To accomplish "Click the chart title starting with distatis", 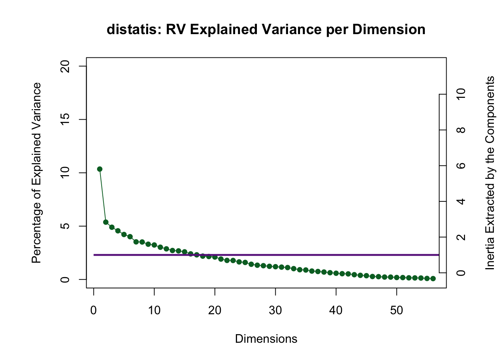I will (x=266, y=29).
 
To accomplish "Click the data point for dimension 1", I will (x=100, y=169).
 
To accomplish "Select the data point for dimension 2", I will (x=106, y=222).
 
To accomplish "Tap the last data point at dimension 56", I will (x=433, y=279).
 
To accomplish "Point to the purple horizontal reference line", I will (x=300, y=255).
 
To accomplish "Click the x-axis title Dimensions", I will (x=266, y=339).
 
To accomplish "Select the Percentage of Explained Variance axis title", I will (x=36, y=173).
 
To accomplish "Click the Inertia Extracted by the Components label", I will (x=490, y=173).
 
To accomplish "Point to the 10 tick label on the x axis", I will (x=154, y=310).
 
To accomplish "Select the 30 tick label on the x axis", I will (x=276, y=310).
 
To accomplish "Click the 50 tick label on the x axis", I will (x=397, y=310).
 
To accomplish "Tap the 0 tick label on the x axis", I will (x=94, y=310).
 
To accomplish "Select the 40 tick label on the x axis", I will (x=336, y=310).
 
